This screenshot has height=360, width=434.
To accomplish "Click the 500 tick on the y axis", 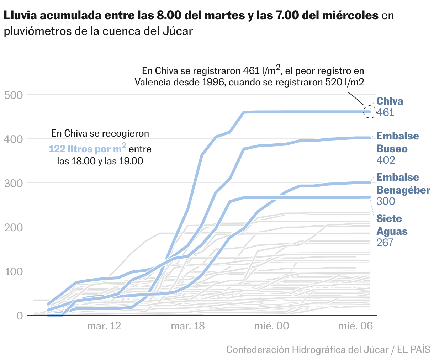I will point(14,95).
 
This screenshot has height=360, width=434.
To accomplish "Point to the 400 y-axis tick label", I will point(14,139).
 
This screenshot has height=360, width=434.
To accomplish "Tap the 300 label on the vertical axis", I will point(14,183).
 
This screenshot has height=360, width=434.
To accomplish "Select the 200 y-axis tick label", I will point(14,227).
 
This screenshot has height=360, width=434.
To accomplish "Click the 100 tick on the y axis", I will point(14,271).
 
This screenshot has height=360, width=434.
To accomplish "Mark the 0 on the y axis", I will point(19,316).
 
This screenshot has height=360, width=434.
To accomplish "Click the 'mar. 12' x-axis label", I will point(104,326).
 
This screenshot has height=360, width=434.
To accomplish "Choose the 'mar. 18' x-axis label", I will point(188,326).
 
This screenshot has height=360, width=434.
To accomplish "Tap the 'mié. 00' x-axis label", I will point(272,326).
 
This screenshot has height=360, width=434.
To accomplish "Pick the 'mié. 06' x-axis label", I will point(355,326).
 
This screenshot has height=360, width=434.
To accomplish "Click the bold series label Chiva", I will point(390,101).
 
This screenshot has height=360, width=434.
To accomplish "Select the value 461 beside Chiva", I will point(385,112).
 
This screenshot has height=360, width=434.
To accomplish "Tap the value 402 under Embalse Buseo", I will point(386,160).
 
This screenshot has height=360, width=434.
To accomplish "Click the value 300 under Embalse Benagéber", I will point(386,201).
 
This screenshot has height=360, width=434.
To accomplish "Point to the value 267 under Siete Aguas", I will point(385,242).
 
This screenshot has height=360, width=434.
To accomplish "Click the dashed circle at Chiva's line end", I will point(370,112).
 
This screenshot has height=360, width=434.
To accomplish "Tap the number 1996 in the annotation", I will point(214,82).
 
